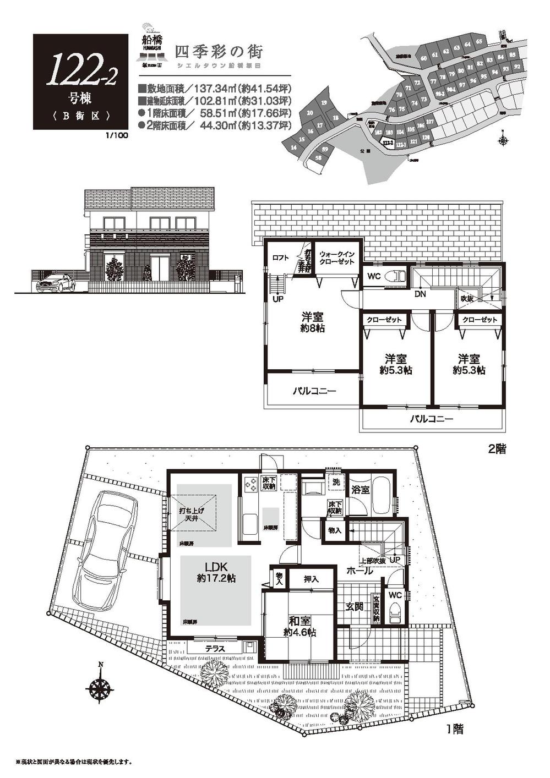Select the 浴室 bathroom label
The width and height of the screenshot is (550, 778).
pyautogui.click(x=361, y=490)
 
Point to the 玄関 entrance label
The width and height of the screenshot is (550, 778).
pyautogui.click(x=354, y=607)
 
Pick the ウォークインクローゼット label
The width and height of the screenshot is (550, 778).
pyautogui.click(x=336, y=258)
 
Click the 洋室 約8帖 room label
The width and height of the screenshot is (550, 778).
pyautogui.click(x=312, y=323)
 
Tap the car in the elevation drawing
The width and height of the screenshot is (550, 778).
pyautogui.click(x=55, y=283)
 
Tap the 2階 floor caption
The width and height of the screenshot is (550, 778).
pyautogui.click(x=497, y=449)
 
